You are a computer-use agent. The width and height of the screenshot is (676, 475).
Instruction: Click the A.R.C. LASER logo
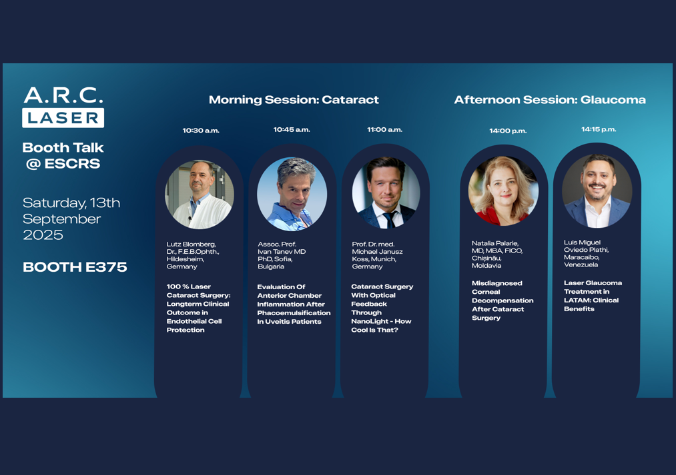pos(63,107)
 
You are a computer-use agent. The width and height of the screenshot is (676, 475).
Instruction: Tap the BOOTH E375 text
pos(75,267)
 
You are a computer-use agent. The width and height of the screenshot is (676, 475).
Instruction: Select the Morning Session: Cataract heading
pos(294,100)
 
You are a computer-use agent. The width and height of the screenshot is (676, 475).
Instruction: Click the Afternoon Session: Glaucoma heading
pos(550,100)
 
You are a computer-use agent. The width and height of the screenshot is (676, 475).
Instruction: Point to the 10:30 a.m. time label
pos(201,131)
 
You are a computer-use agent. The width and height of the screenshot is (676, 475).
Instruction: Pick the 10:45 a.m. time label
pos(292,129)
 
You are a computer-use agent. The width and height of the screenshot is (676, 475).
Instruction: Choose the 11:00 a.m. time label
pos(384,129)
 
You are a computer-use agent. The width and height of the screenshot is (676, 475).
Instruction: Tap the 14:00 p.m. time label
pos(508,131)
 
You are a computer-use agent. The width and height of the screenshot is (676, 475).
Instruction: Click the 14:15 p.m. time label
pos(599,129)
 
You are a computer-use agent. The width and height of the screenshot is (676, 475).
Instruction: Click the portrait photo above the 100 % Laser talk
pos(200,195)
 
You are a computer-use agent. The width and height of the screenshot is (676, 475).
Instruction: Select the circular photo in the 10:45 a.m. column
pos(292,194)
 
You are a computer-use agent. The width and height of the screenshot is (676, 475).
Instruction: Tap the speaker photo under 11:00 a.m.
pos(386,193)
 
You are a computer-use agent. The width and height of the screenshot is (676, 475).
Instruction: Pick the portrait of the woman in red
pos(503,191)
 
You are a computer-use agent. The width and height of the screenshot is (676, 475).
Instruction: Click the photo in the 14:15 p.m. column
pos(597,191)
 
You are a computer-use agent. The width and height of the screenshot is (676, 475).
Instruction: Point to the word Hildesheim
pos(185,259)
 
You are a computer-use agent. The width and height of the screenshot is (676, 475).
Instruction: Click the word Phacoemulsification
pos(294,313)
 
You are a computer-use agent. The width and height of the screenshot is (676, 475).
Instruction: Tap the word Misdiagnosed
pos(496,283)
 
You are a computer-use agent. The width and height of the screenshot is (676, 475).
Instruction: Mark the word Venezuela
pos(581,264)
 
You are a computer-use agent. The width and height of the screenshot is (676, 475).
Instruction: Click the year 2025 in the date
pos(43,235)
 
